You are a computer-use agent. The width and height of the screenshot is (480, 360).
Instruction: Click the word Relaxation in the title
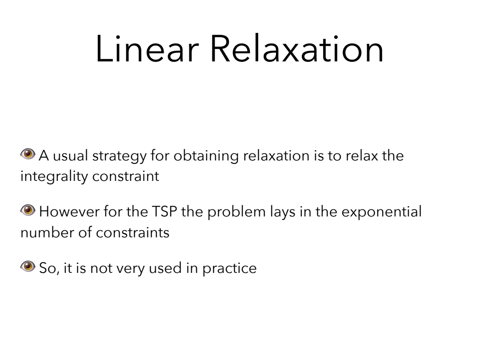pos(297,49)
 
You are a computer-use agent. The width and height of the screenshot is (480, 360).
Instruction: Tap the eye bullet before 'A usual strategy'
pos(28,154)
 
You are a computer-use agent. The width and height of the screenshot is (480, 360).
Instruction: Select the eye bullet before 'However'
pos(28,210)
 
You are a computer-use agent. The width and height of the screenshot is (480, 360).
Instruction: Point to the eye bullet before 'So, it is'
pos(28,266)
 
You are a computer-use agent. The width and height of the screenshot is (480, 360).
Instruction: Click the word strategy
pos(120,156)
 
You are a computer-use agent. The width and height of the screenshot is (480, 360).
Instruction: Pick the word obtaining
pos(206,156)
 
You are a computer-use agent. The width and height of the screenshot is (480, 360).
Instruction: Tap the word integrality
pos(54,176)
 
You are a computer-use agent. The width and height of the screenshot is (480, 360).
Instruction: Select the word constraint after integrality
pos(125,176)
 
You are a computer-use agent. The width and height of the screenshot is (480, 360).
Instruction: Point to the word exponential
pos(381,212)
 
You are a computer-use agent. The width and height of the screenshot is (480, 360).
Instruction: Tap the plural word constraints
pos(132,233)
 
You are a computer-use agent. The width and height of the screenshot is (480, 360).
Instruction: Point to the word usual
pos(70,156)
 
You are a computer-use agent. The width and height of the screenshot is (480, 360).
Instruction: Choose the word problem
pos(236,212)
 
